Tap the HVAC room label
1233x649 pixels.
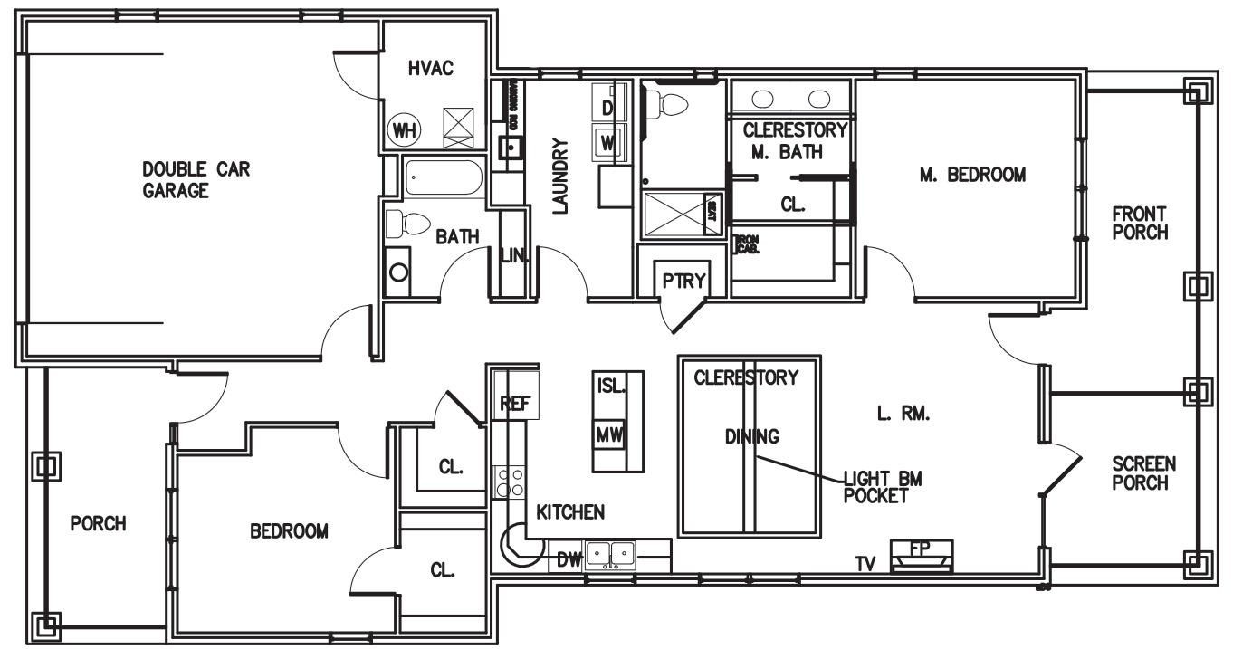pos(430,69)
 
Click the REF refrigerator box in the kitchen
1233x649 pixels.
pos(515,404)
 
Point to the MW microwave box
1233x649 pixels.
pos(608,435)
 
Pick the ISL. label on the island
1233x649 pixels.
pos(610,385)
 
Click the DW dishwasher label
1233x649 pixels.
pos(568,560)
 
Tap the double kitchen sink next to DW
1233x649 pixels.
pos(609,553)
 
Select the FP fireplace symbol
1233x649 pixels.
pos(922,555)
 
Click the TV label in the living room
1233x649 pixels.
pos(867,564)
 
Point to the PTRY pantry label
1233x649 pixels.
pos(683,281)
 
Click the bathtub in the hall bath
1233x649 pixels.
pos(444,178)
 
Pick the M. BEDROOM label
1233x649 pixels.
pos(972,175)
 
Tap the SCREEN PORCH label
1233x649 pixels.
pos(1143,472)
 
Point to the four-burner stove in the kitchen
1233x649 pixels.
pos(510,482)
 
